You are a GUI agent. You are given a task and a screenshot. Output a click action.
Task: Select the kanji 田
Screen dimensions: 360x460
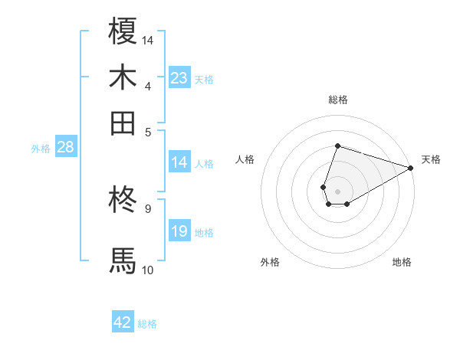click(x=123, y=123)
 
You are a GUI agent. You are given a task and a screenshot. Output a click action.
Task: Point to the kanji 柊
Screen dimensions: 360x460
click(x=123, y=201)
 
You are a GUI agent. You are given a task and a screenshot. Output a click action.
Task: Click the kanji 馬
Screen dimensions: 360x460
click(x=123, y=260)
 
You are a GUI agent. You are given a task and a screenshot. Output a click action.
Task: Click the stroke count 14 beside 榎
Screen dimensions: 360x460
click(x=148, y=39)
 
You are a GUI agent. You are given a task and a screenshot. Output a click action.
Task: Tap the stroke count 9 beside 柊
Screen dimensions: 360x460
click(x=148, y=208)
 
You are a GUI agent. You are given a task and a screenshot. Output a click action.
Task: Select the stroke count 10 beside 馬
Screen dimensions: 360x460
click(x=148, y=269)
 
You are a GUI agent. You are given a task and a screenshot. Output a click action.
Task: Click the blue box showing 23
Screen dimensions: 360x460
click(x=179, y=78)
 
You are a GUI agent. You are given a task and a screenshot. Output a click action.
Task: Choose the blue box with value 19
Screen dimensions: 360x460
click(x=179, y=231)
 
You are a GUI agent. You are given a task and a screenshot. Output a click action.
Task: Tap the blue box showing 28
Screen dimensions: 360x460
click(x=65, y=148)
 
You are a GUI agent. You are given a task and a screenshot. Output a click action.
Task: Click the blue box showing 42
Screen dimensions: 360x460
click(x=123, y=322)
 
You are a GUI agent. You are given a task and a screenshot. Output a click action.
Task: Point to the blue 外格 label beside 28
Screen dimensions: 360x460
click(x=41, y=149)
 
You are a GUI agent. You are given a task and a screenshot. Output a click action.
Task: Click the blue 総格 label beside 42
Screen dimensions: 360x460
click(x=147, y=324)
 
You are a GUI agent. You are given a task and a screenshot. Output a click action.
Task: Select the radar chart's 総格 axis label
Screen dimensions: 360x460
click(x=337, y=100)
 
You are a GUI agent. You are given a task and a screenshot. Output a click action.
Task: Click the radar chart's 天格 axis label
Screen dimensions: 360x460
click(x=431, y=159)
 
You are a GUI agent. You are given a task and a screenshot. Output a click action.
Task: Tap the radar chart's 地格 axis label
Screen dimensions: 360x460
click(x=402, y=263)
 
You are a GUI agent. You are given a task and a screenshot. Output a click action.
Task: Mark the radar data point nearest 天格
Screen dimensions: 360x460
click(x=411, y=168)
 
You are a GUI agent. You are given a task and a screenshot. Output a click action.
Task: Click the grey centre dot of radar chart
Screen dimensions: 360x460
click(x=337, y=190)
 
